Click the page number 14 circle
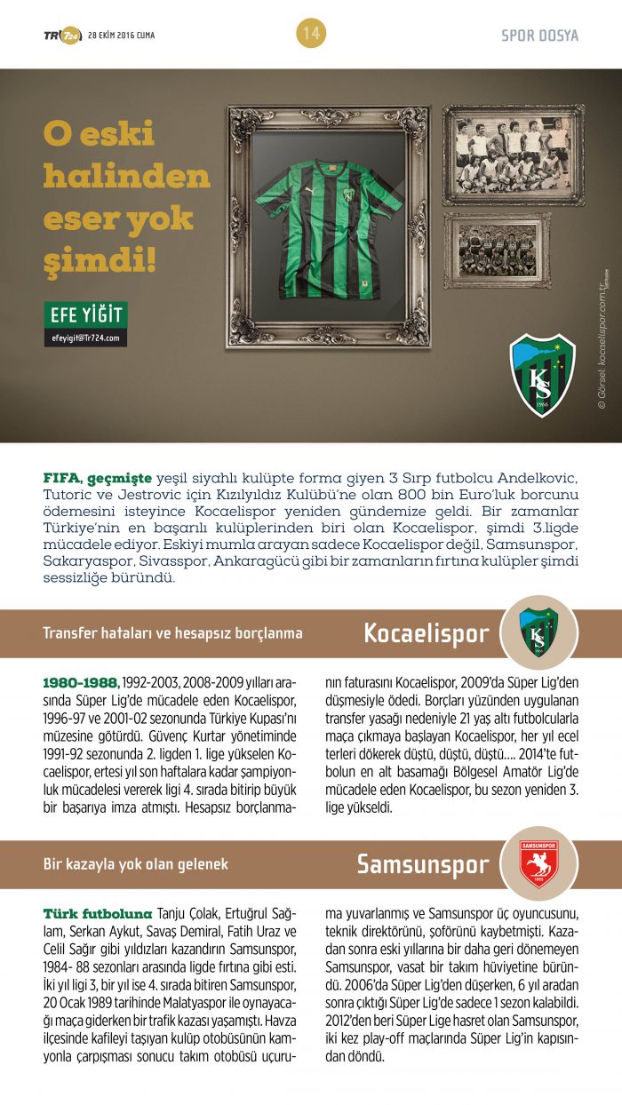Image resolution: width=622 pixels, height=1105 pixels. coord(311,34)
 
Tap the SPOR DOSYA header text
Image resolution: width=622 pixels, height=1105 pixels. coord(539,36)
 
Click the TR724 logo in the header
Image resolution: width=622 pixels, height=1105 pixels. coord(61,36)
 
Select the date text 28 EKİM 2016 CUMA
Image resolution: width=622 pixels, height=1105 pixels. coord(121,36)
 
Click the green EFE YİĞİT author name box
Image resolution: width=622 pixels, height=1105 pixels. coord(85,314)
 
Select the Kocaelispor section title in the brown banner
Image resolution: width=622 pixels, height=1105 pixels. coord(426,633)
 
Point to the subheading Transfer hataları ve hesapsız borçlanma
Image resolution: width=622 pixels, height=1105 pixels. coord(172,633)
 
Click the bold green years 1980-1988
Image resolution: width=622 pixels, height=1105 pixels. coord(81,682)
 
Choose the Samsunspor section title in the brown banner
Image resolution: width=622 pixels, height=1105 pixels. coord(423,864)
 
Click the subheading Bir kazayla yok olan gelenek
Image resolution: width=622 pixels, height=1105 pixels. coord(135,864)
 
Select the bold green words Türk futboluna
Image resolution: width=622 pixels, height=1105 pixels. coord(98,913)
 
